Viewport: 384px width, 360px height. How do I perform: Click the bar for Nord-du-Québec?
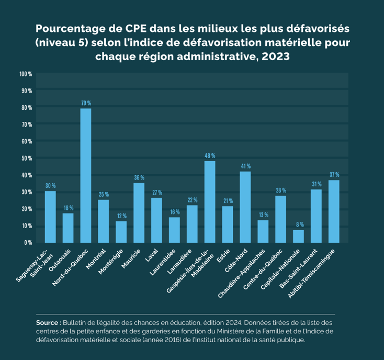click(86, 175)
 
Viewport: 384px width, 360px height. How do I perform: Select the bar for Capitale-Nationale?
click(299, 237)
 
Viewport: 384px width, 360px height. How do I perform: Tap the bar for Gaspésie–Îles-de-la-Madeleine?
click(210, 201)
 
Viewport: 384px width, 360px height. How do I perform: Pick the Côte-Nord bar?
click(245, 207)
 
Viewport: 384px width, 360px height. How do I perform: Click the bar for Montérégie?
click(121, 232)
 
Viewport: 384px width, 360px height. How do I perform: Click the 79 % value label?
click(86, 103)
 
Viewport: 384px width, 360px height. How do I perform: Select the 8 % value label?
click(299, 224)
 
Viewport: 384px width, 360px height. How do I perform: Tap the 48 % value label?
click(210, 155)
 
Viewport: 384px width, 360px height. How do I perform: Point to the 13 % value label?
click(263, 215)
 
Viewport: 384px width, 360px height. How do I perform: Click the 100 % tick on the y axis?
click(26, 74)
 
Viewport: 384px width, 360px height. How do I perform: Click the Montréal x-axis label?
click(97, 257)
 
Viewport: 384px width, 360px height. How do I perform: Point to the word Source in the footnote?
click(48, 323)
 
